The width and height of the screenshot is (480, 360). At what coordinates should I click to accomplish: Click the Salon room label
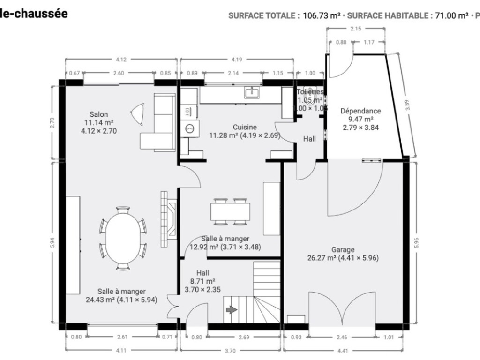coord(99,114)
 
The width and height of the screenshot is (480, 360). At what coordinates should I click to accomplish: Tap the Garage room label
coord(343,249)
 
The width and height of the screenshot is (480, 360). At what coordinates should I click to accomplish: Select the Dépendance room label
coord(360,111)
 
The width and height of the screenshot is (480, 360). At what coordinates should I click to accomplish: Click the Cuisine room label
coord(245,127)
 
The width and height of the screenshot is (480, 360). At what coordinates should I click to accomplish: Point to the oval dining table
coord(123,238)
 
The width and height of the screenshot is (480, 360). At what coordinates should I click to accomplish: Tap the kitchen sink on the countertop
coord(252,92)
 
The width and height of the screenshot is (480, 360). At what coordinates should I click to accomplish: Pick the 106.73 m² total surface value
coord(322,15)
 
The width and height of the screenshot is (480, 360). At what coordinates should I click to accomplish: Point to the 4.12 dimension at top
coord(121,60)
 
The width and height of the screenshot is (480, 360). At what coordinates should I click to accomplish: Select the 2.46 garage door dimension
coord(342,337)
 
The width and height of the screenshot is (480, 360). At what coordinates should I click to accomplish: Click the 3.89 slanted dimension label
coord(407,105)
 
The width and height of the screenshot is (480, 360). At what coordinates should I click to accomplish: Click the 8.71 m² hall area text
coord(203,281)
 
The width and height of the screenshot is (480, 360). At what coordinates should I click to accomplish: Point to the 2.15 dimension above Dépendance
coord(356,29)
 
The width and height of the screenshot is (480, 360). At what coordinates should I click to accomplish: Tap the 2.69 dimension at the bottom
coord(243,337)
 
